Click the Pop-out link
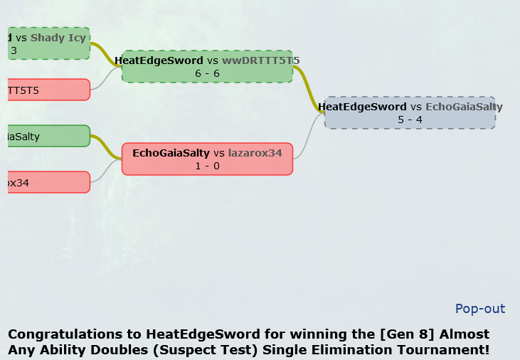coord(480,309)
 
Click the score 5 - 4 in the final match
coord(410,120)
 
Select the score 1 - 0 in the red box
coord(207,166)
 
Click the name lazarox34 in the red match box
coord(255,153)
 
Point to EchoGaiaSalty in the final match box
coord(464,107)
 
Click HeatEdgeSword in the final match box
coord(362,107)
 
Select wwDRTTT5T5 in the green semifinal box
coord(261,61)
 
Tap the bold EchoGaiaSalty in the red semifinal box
coord(171,153)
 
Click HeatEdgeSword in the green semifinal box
coord(159,61)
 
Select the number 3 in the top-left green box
coord(14,51)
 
